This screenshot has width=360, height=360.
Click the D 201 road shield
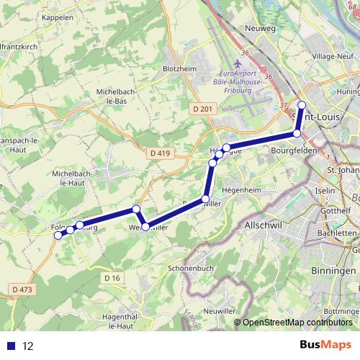(203, 109)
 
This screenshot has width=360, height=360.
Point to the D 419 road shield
(161, 153)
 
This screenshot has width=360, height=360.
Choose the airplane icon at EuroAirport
(238, 63)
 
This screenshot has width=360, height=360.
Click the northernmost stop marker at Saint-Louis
(302, 105)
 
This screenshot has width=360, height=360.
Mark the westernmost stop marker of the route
(59, 234)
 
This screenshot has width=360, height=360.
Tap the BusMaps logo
(325, 346)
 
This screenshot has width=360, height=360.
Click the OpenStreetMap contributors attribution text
(296, 322)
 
